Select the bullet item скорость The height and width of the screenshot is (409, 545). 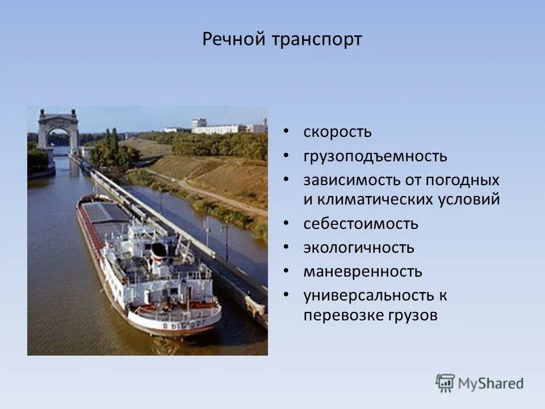pyautogui.click(x=337, y=132)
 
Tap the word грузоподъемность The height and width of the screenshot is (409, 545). pyautogui.click(x=375, y=156)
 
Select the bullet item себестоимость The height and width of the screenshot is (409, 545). pyautogui.click(x=360, y=224)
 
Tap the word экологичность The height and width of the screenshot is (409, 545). pyautogui.click(x=359, y=248)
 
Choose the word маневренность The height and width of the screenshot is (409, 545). pyautogui.click(x=363, y=272)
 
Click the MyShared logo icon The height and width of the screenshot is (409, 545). pyautogui.click(x=445, y=383)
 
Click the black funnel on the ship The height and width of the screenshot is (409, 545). pyautogui.click(x=158, y=250)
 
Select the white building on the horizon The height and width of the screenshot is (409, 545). pyautogui.click(x=215, y=128)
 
